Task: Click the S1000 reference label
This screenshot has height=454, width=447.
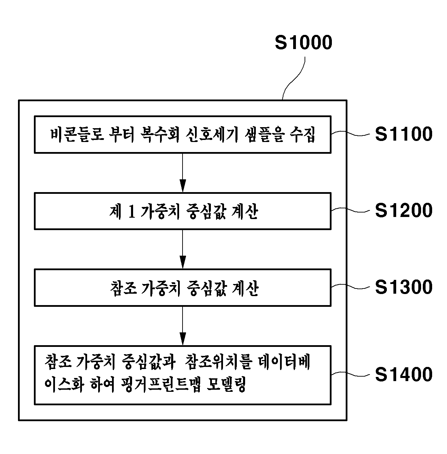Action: point(304,42)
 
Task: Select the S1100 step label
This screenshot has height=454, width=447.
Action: point(404,134)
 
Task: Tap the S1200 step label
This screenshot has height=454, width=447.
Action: point(404,210)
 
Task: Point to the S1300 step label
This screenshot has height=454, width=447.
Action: point(404,287)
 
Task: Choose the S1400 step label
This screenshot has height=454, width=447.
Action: point(404,375)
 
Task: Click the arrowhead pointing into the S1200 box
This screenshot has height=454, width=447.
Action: point(183,186)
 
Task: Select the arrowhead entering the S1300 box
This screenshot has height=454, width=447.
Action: point(183,262)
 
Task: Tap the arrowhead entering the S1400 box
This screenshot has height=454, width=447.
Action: point(183,339)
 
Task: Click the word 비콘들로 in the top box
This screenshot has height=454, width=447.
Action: point(77,134)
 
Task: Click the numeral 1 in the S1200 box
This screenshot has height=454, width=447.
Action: point(132,211)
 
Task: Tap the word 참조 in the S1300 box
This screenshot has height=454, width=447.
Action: point(123,288)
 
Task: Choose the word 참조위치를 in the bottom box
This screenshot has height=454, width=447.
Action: point(218,362)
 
